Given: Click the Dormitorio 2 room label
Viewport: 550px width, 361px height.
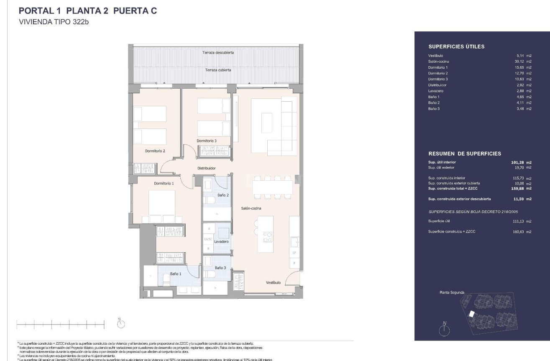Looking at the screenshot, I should pyautogui.click(x=156, y=151).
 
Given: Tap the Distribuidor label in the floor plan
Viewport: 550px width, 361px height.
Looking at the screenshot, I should pyautogui.click(x=206, y=168).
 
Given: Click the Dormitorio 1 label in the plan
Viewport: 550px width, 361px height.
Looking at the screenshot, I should pyautogui.click(x=164, y=183).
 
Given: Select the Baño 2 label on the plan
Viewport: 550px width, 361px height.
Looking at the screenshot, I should pyautogui.click(x=223, y=195).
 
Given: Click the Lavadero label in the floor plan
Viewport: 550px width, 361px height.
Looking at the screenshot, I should pyautogui.click(x=221, y=242).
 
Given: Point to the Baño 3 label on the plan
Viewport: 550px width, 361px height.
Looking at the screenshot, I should pyautogui.click(x=220, y=268).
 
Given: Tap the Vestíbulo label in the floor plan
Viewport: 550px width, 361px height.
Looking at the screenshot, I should pyautogui.click(x=274, y=283).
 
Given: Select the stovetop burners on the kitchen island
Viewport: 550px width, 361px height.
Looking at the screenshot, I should pyautogui.click(x=267, y=237).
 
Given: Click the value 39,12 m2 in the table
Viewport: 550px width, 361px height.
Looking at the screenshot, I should pyautogui.click(x=523, y=61).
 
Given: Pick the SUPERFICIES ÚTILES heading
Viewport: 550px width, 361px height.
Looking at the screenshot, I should pyautogui.click(x=456, y=47).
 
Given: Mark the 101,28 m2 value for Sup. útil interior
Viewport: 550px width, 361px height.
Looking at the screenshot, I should pyautogui.click(x=521, y=162).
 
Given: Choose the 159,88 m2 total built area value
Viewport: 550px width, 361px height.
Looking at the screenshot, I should pyautogui.click(x=521, y=188).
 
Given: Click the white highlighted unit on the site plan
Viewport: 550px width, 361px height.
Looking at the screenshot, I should pyautogui.click(x=472, y=314).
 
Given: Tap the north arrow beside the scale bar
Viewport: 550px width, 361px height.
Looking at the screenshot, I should pyautogui.click(x=120, y=323).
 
